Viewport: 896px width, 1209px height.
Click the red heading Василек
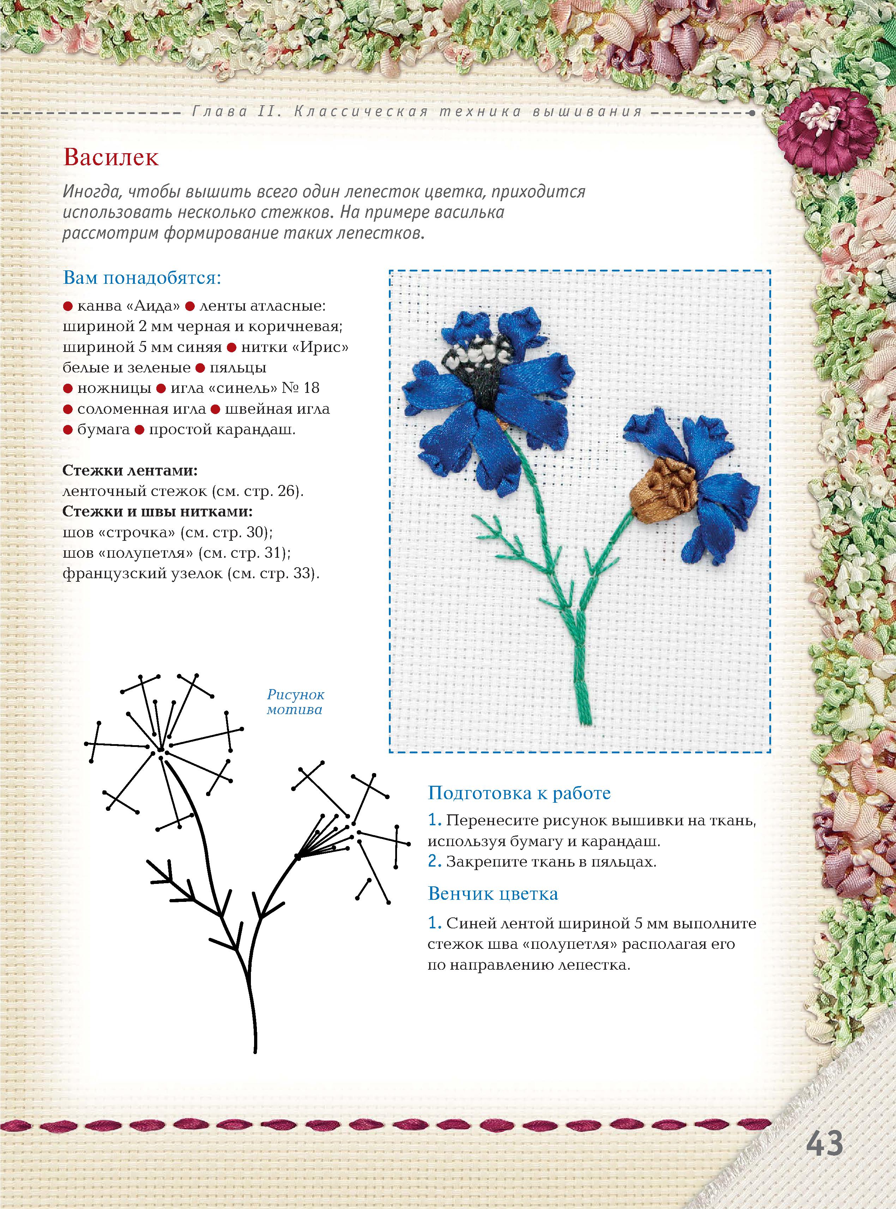(111, 158)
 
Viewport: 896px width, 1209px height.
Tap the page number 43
(824, 1143)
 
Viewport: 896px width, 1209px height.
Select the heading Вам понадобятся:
(142, 278)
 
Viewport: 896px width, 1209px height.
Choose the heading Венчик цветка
(493, 893)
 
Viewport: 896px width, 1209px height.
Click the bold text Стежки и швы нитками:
(157, 511)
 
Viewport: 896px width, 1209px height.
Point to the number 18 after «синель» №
(311, 388)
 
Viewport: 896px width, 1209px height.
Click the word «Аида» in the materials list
(153, 306)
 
